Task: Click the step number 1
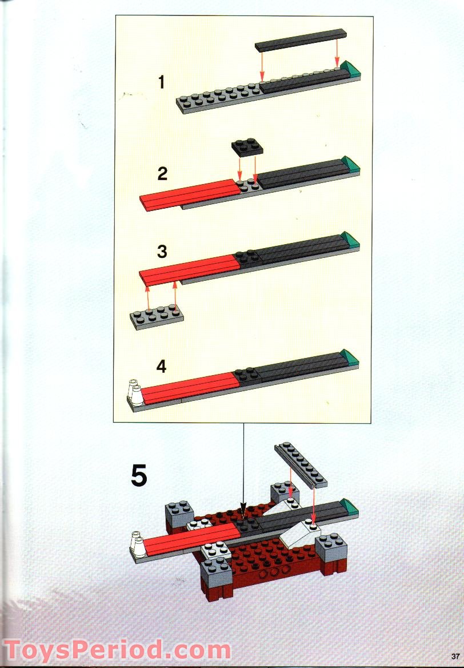162,83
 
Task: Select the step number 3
162,251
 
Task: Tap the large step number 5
139,476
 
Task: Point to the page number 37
455,655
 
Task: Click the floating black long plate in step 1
301,39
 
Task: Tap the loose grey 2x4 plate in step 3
157,317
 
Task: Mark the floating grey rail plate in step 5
299,464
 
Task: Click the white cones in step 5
138,543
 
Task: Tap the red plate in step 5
189,538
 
